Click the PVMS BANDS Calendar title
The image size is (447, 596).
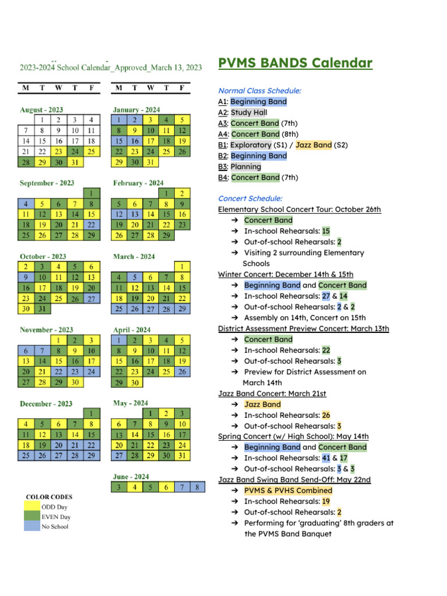(295, 63)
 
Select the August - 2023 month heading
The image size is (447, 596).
(41, 109)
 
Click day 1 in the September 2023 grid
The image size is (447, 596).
(91, 193)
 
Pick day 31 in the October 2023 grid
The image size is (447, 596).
(42, 308)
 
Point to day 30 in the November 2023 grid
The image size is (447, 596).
(75, 382)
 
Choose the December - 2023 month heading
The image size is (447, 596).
(46, 403)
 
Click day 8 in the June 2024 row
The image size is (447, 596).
(198, 487)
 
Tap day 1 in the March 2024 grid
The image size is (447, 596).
(182, 267)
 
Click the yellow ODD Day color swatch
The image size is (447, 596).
(32, 507)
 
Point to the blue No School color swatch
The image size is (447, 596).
(32, 527)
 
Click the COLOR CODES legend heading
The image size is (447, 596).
(49, 497)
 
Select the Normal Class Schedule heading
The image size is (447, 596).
(260, 91)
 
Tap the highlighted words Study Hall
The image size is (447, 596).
(249, 112)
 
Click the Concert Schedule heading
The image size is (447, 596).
(250, 198)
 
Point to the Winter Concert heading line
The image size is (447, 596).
(285, 274)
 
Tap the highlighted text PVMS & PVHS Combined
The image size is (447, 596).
(288, 490)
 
